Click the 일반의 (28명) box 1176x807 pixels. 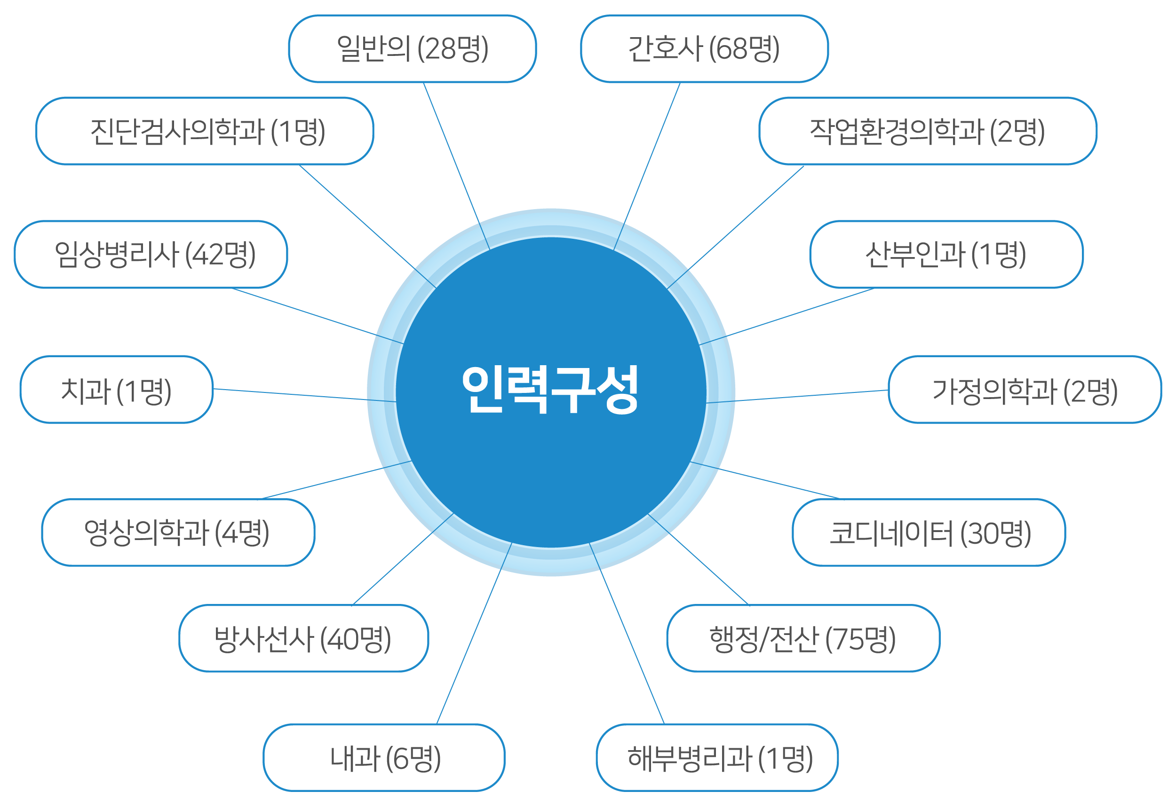[413, 48]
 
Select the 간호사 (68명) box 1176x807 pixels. [704, 48]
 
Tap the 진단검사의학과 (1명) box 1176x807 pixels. [205, 131]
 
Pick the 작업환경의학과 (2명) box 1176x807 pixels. [928, 131]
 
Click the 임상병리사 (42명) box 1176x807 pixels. [151, 254]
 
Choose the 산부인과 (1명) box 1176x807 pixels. [947, 254]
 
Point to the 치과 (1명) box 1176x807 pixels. [117, 389]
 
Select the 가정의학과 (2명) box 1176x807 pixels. [1025, 389]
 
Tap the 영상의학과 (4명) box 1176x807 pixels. [178, 533]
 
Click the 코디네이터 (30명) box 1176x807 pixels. [929, 533]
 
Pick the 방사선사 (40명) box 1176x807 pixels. [303, 638]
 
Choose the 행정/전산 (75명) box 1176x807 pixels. [803, 638]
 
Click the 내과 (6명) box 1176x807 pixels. [384, 758]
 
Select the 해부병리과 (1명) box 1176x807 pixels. [717, 758]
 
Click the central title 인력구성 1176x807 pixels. [550, 389]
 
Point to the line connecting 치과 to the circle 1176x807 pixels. [305, 395]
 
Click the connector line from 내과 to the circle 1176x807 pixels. [474, 634]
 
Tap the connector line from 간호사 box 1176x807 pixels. [647, 166]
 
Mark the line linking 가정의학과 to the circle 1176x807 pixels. [797, 396]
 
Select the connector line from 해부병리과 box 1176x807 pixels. [627, 634]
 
